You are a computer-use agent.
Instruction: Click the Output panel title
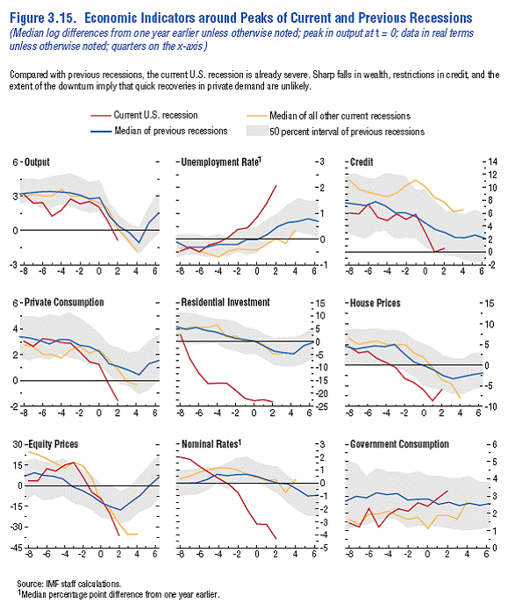37,162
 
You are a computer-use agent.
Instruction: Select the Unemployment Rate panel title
221,162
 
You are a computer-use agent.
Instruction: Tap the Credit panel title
361,162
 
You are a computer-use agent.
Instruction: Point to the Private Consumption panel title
64,302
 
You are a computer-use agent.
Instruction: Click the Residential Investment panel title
225,302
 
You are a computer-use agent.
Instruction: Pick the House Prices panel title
376,303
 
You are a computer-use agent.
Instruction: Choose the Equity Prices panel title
54,444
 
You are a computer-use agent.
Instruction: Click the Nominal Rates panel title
211,444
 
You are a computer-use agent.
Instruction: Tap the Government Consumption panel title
399,444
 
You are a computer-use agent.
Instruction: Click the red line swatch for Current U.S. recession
101,115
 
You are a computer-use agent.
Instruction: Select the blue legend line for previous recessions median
101,132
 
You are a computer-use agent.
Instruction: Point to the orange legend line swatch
257,115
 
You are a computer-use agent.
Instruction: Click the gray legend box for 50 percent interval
257,131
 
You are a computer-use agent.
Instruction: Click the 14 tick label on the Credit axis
492,162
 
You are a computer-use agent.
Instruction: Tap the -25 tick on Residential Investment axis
321,406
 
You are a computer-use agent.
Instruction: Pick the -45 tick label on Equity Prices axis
16,548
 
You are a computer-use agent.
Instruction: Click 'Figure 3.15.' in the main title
43,18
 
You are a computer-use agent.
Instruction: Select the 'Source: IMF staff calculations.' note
69,584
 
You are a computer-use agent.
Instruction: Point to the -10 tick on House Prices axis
490,406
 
